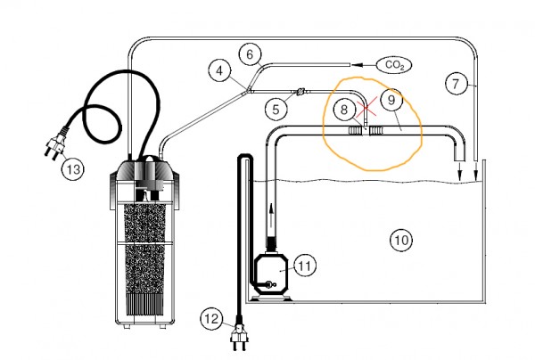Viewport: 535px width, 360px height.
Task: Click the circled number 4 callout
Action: tap(219, 71)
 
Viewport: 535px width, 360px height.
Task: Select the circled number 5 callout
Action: tap(276, 110)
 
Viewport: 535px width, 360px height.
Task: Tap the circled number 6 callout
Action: tap(250, 54)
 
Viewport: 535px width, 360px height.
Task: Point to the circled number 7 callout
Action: tap(456, 83)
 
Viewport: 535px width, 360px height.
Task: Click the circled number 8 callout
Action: tap(344, 110)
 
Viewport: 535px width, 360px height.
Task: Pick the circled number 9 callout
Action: tap(391, 100)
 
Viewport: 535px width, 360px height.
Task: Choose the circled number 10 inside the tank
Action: tap(401, 240)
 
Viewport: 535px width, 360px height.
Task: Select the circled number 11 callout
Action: tap(305, 266)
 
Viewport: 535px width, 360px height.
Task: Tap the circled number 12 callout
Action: tap(211, 319)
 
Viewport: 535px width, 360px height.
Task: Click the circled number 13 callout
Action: tap(73, 168)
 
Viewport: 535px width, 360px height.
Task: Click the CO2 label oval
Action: tap(394, 65)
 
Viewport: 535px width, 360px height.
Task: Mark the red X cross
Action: tap(366, 107)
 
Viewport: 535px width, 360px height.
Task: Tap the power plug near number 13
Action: tap(55, 143)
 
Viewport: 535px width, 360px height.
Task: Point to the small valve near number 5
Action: tap(300, 92)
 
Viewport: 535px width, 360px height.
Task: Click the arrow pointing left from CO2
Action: tap(363, 65)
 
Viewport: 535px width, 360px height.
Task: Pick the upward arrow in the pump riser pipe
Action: tap(271, 217)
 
